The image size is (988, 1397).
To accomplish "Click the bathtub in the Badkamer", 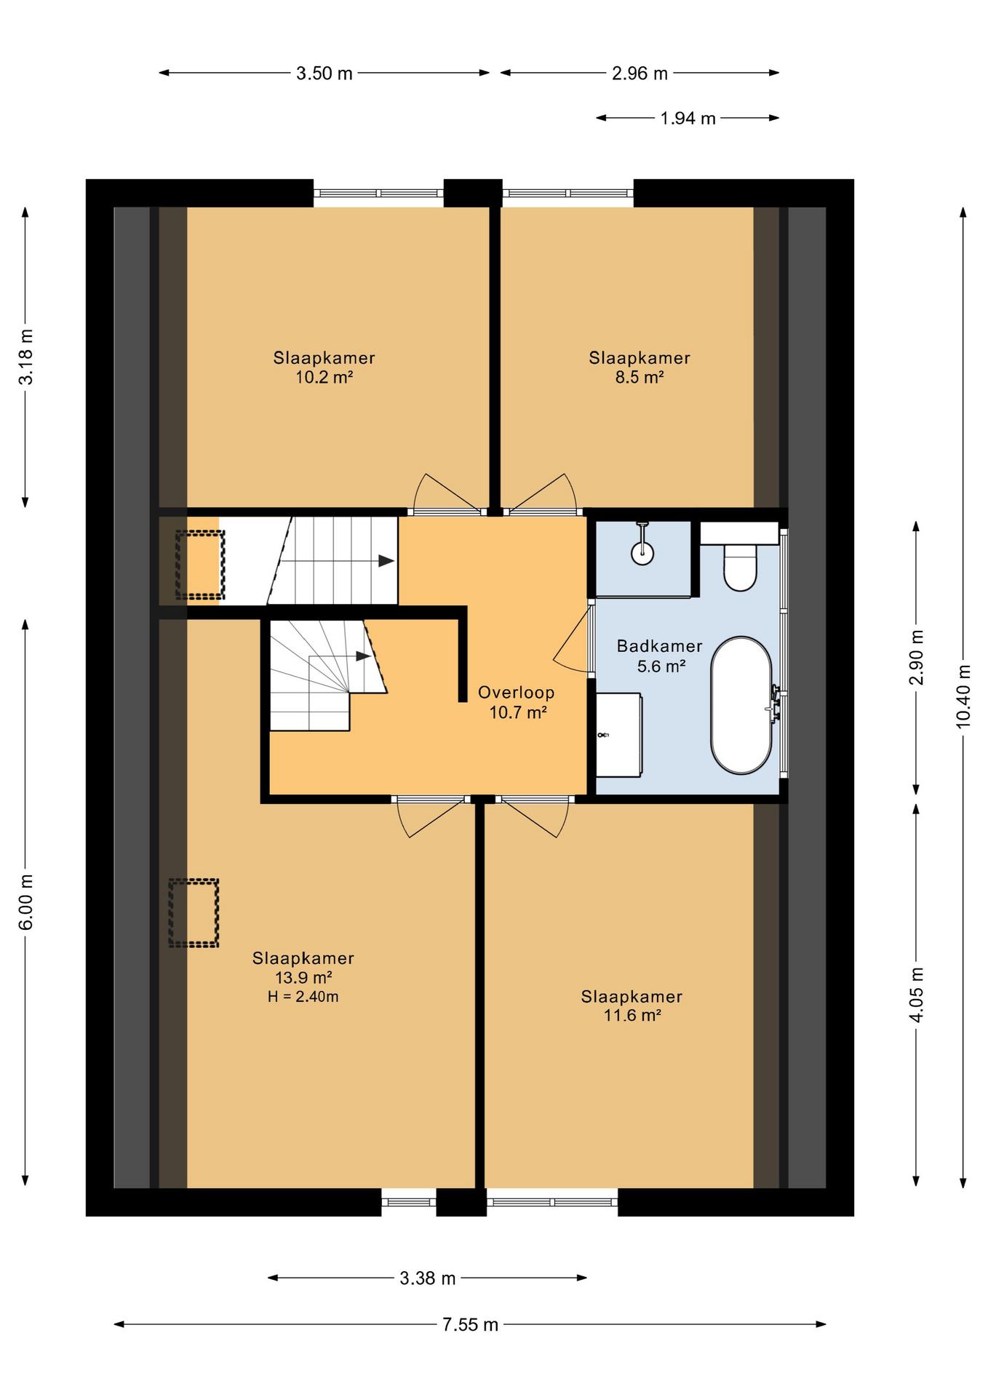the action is click(x=741, y=705).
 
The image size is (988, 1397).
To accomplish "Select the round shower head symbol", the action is click(x=642, y=554).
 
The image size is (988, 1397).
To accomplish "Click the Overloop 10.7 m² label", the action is click(x=517, y=702).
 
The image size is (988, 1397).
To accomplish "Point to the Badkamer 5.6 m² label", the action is click(x=660, y=656).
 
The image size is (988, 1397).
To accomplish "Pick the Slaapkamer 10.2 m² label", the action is click(x=324, y=367).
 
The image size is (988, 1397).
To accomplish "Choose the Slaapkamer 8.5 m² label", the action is click(x=640, y=367).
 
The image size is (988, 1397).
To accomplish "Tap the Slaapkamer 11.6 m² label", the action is click(x=632, y=1006).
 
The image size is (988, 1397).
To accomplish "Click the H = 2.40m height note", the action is click(x=303, y=997).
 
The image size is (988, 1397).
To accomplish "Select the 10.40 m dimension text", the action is click(x=963, y=696).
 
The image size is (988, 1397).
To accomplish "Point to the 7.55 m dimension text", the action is click(x=471, y=1324).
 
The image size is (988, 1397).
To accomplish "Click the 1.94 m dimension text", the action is click(x=688, y=118).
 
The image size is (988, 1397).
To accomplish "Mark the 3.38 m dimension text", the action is click(x=428, y=1278).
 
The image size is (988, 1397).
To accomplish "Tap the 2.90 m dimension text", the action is click(x=916, y=657).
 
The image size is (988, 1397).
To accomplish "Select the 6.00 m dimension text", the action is click(x=25, y=902).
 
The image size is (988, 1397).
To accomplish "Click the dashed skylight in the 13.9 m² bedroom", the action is click(x=194, y=913).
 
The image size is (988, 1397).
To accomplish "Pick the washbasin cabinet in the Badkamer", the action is click(x=618, y=735).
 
